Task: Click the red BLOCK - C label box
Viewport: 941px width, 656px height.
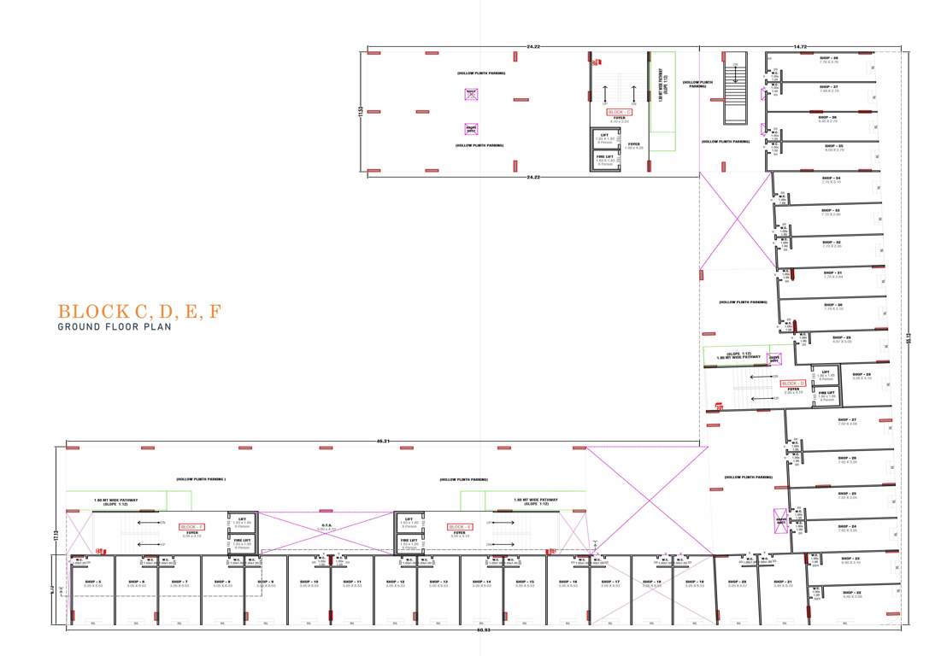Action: point(619,112)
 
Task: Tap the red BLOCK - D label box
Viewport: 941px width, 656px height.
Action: point(793,384)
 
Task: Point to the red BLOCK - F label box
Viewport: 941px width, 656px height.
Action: point(191,526)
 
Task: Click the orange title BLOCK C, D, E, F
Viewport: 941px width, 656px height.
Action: point(138,312)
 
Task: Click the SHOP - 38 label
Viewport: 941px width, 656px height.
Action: point(829,57)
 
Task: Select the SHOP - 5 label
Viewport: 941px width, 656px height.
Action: point(93,582)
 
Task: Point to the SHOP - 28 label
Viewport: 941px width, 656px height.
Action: point(862,374)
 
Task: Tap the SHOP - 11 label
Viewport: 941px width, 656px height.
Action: point(353,582)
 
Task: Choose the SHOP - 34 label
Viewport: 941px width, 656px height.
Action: point(832,178)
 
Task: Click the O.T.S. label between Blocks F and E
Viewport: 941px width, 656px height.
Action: point(326,525)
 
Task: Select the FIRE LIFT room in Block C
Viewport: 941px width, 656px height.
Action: point(604,160)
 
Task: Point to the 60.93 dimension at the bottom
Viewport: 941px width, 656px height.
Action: point(484,630)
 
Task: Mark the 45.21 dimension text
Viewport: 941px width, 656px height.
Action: point(384,442)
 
